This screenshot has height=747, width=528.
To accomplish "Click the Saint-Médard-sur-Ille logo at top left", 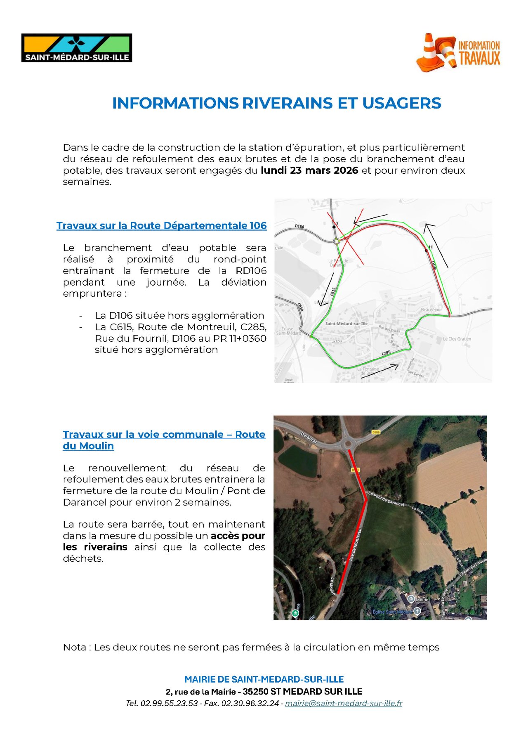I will tap(77, 48).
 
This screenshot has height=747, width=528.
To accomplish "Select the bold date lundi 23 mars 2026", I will tap(309, 170).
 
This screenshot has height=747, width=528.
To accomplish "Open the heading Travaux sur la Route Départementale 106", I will tap(161, 226).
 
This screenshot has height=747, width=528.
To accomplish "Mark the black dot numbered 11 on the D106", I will tap(426, 250).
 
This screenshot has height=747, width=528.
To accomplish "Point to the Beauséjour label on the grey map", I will tap(431, 310).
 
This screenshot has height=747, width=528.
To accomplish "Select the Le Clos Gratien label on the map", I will tap(457, 339).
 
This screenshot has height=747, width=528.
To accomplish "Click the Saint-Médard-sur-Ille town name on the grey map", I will tap(346, 324).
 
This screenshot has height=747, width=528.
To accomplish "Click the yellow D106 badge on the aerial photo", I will tap(375, 432).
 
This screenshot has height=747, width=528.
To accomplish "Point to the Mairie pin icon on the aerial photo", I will tap(411, 599).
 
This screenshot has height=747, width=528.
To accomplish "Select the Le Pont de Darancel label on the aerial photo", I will tap(386, 499).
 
